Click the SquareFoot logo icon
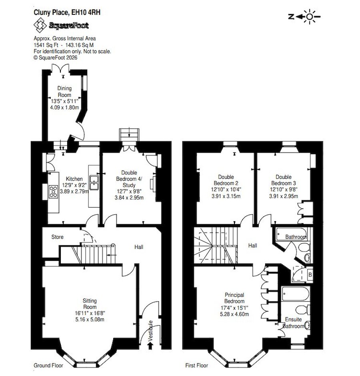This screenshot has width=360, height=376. pos(40,26)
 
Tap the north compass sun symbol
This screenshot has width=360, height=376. pos(310,16)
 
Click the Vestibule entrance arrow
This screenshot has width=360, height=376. pos(150,346)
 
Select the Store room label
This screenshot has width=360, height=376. pos(58,237)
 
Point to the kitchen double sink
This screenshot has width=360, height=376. pos(94,182)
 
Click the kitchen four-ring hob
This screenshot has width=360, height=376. pos(54,192)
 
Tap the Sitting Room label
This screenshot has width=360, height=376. pos(90,304)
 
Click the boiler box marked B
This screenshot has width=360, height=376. pos(310,274)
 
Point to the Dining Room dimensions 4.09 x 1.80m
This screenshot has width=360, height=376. pos(64,108)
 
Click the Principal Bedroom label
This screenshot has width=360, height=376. pos(234,298)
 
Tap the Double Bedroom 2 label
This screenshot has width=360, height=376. pos(226,180)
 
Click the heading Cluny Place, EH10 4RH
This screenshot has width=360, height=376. pos(67,12)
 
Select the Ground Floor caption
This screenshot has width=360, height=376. pos(48,366)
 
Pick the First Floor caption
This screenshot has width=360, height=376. pos(197,366)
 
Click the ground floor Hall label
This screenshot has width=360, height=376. pos(139,247)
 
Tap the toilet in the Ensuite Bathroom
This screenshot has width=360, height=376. pos(302,309)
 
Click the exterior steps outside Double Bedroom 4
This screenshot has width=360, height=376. pos(129,134)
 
